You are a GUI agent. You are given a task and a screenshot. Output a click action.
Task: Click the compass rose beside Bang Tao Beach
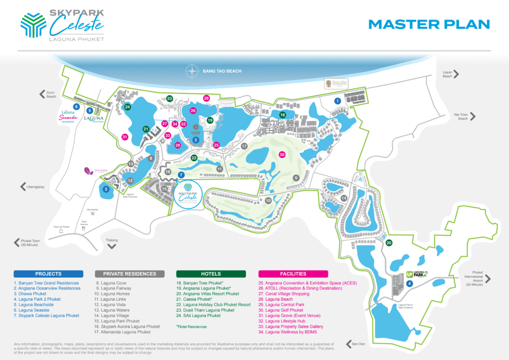(x=192, y=71)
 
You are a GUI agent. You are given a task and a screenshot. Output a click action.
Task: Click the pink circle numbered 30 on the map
(x=282, y=154)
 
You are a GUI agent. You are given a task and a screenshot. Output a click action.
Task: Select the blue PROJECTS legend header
(x=49, y=274)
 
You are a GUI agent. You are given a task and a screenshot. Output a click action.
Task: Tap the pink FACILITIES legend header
(x=293, y=274)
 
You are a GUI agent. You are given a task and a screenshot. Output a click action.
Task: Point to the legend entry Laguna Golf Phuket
(x=284, y=310)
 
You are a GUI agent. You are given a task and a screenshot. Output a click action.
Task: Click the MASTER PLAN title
(x=429, y=24)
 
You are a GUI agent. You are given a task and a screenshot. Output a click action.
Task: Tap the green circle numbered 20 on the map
(x=389, y=243)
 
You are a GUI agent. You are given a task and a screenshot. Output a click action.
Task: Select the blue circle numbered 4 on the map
(x=410, y=284)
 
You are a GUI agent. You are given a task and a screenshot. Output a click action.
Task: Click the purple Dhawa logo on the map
(x=88, y=171)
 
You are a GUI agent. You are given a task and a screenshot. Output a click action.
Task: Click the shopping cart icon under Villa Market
(x=93, y=213)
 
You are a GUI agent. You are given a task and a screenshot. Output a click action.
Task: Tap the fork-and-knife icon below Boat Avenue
(x=84, y=228)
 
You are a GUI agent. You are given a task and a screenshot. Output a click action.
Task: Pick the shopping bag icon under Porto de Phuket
(x=61, y=231)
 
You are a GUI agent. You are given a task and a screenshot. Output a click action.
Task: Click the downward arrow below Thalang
(x=112, y=247)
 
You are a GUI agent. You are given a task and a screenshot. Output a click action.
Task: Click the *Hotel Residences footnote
(x=191, y=327)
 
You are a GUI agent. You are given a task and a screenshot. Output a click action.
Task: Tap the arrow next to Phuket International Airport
(x=488, y=279)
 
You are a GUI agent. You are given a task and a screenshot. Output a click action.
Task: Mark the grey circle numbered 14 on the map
(x=344, y=198)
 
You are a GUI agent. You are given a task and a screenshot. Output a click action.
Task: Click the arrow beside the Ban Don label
(x=349, y=344)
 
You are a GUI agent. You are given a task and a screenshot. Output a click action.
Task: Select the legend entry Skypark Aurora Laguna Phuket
(x=130, y=327)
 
